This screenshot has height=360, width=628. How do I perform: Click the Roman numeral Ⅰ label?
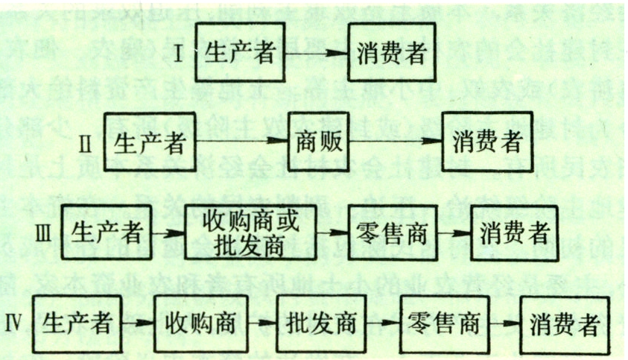click(x=180, y=53)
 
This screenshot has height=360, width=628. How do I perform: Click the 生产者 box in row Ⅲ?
click(x=107, y=231)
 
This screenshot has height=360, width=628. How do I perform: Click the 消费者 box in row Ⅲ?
click(x=515, y=232)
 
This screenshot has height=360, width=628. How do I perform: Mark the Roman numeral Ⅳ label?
click(x=16, y=324)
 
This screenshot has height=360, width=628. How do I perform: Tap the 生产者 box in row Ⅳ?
click(x=77, y=324)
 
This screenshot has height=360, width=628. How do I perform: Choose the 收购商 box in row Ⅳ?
click(x=197, y=325)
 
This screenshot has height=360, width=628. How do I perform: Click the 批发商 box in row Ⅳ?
click(x=320, y=325)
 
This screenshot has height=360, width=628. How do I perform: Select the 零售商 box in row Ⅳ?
click(x=443, y=325)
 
